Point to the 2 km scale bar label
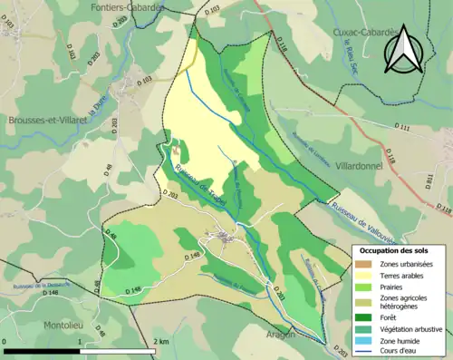pos(161,341)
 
